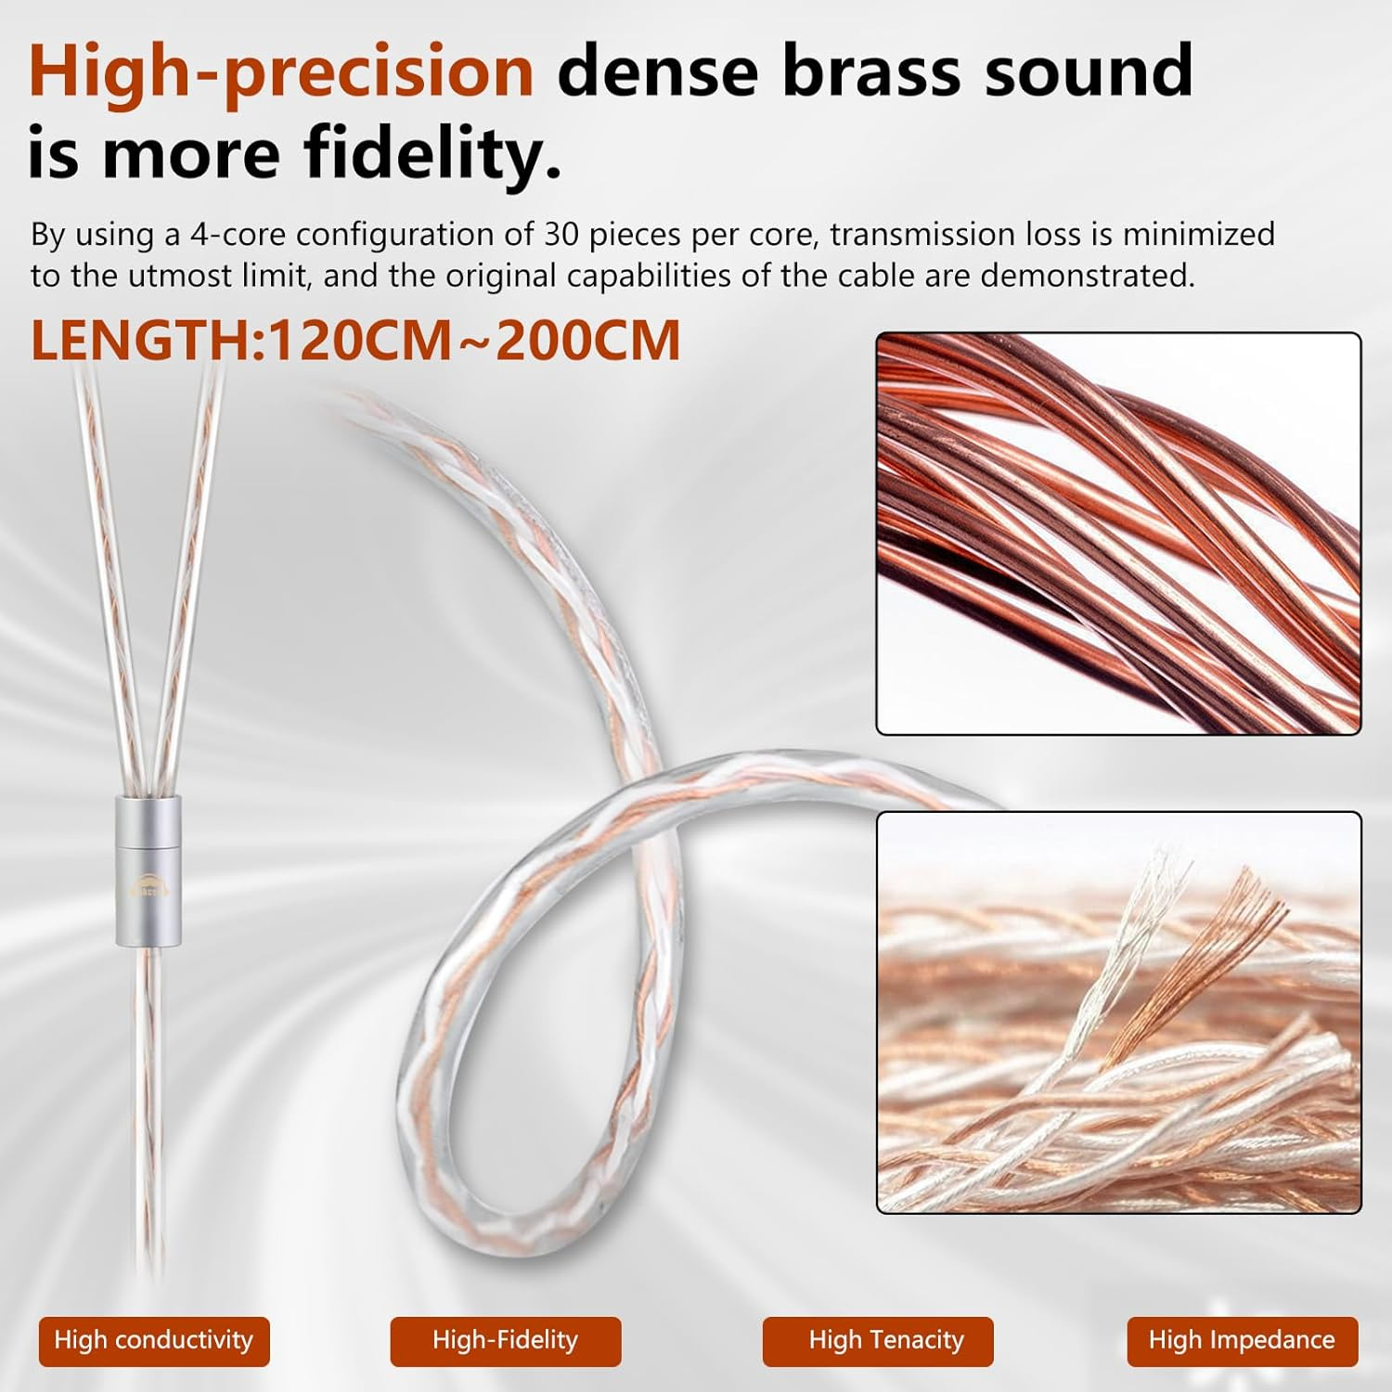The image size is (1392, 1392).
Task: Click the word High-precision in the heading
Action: click(281, 71)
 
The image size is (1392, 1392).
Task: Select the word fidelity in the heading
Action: click(429, 153)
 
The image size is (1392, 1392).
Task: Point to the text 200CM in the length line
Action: click(588, 341)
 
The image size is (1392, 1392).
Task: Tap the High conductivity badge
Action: click(154, 1340)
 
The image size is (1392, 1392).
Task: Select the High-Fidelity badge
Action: click(505, 1340)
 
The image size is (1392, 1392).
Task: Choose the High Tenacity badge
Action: click(886, 1340)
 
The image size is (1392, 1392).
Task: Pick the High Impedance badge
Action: click(1242, 1340)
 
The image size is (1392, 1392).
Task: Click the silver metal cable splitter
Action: click(149, 868)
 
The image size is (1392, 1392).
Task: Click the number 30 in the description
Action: click(561, 235)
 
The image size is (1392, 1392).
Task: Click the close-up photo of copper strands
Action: click(1118, 534)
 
